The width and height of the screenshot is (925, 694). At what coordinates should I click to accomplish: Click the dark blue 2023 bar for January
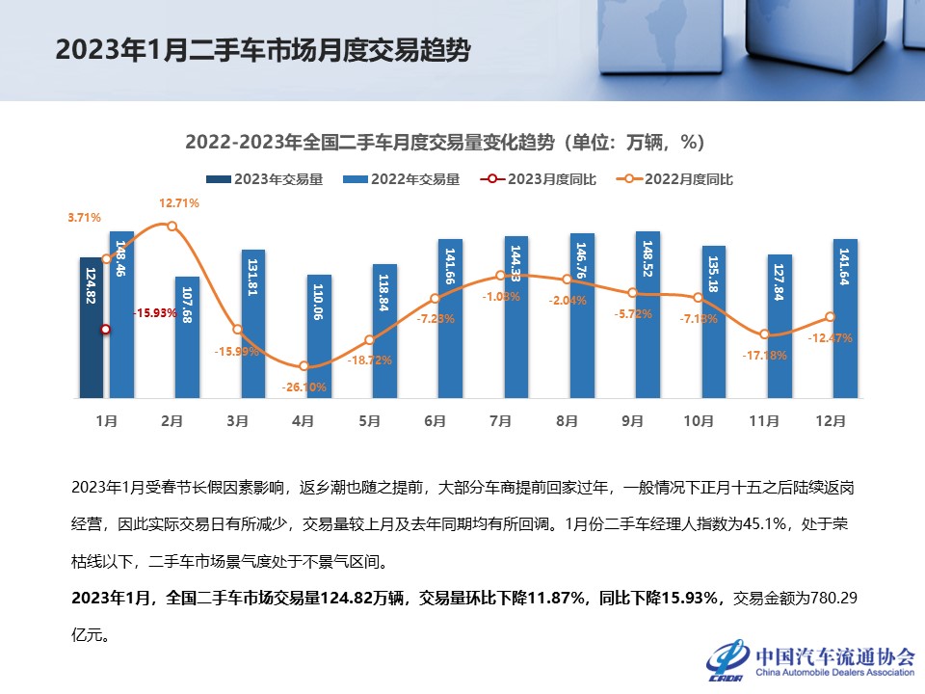tap(91, 328)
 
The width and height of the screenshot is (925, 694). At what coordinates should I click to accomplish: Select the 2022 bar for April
tap(320, 336)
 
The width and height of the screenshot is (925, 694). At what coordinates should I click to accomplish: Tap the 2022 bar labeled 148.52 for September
tap(647, 314)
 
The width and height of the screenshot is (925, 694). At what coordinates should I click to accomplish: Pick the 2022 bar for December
tap(845, 318)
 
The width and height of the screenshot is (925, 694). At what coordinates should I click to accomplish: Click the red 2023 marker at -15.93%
tap(106, 330)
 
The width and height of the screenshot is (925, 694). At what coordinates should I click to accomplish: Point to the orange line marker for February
tap(172, 226)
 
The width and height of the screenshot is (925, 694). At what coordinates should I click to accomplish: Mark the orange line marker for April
tap(304, 366)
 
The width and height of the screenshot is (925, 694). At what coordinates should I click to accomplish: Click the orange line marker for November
tap(764, 334)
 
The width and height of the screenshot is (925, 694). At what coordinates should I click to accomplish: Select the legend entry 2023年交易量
tap(264, 179)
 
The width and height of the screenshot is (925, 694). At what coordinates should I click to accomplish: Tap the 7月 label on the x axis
tap(501, 421)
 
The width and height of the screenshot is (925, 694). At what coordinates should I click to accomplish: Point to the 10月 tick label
tap(699, 421)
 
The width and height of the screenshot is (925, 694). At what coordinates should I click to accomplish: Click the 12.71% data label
tap(179, 203)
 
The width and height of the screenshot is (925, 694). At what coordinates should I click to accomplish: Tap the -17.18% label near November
tap(765, 355)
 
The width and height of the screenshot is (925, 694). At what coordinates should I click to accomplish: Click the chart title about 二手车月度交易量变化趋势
tap(445, 143)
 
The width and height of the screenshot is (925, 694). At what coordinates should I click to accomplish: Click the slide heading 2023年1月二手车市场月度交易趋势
tap(262, 51)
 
